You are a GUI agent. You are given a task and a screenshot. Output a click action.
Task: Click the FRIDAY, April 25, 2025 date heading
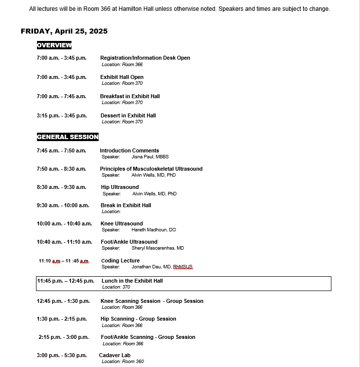pyautogui.click(x=64, y=31)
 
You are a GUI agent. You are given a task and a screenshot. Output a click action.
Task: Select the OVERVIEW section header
pyautogui.click(x=54, y=45)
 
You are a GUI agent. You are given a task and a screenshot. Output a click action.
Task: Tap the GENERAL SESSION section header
pyautogui.click(x=68, y=137)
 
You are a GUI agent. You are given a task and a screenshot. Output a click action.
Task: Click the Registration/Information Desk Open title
pyautogui.click(x=145, y=58)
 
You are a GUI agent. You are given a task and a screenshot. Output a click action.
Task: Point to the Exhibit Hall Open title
pyautogui.click(x=122, y=77)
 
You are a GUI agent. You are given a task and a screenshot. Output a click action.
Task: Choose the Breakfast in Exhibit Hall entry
pyautogui.click(x=130, y=96)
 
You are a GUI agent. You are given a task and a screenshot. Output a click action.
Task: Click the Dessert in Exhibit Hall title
pyautogui.click(x=128, y=115)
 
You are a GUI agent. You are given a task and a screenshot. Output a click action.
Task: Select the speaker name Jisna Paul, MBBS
pyautogui.click(x=150, y=156)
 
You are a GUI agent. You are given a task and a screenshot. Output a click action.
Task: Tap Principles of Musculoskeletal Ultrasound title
pyautogui.click(x=151, y=169)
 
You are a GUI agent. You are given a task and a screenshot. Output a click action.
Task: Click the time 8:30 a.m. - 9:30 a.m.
pyautogui.click(x=61, y=187)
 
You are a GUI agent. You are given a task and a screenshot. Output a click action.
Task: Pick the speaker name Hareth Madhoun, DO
pyautogui.click(x=153, y=230)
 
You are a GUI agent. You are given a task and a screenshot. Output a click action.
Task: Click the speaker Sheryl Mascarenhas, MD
pyautogui.click(x=157, y=248)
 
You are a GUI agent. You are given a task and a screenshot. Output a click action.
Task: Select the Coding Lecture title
pyautogui.click(x=120, y=260)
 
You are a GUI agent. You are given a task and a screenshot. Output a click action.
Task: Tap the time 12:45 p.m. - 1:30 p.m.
pyautogui.click(x=63, y=301)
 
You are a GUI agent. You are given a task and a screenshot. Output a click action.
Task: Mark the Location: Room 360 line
pyautogui.click(x=123, y=362)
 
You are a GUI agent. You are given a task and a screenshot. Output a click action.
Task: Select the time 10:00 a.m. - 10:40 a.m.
pyautogui.click(x=64, y=223)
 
